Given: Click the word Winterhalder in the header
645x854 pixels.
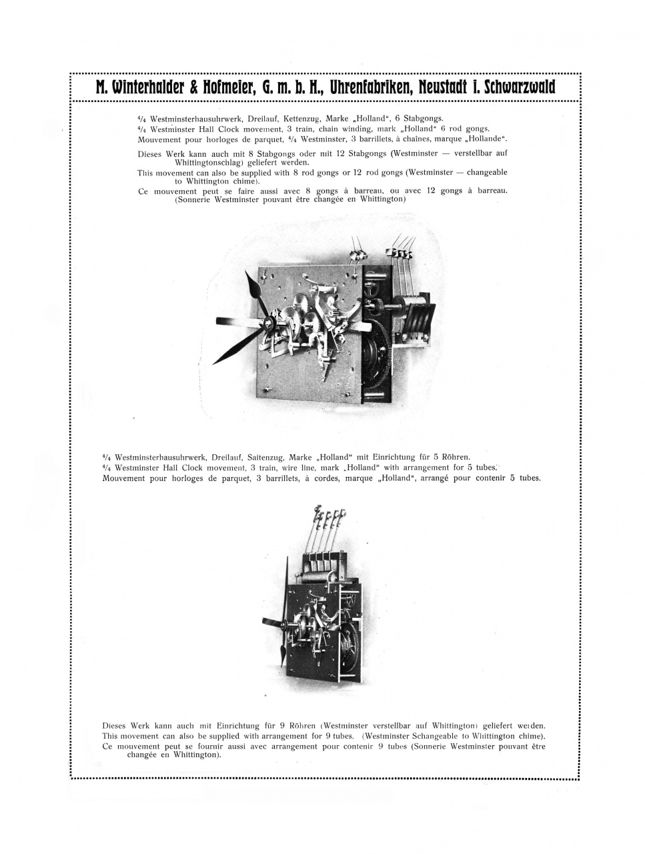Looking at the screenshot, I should pyautogui.click(x=144, y=87).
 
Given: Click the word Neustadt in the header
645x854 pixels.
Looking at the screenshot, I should pyautogui.click(x=447, y=87).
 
